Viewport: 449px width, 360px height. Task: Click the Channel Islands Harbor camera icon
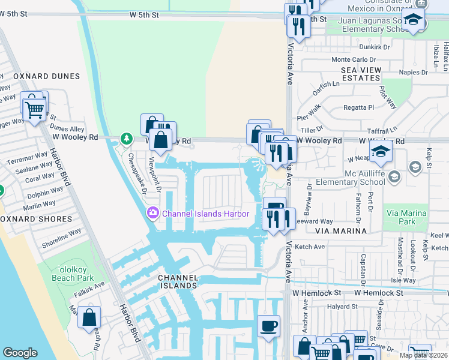point(152,213)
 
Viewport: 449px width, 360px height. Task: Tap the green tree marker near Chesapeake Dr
point(126,139)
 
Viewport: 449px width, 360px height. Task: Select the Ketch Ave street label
point(310,247)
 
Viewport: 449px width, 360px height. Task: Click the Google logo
point(20,353)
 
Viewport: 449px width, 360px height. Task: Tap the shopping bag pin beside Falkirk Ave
point(89,318)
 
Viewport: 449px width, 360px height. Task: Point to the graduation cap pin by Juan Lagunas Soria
point(414,22)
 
